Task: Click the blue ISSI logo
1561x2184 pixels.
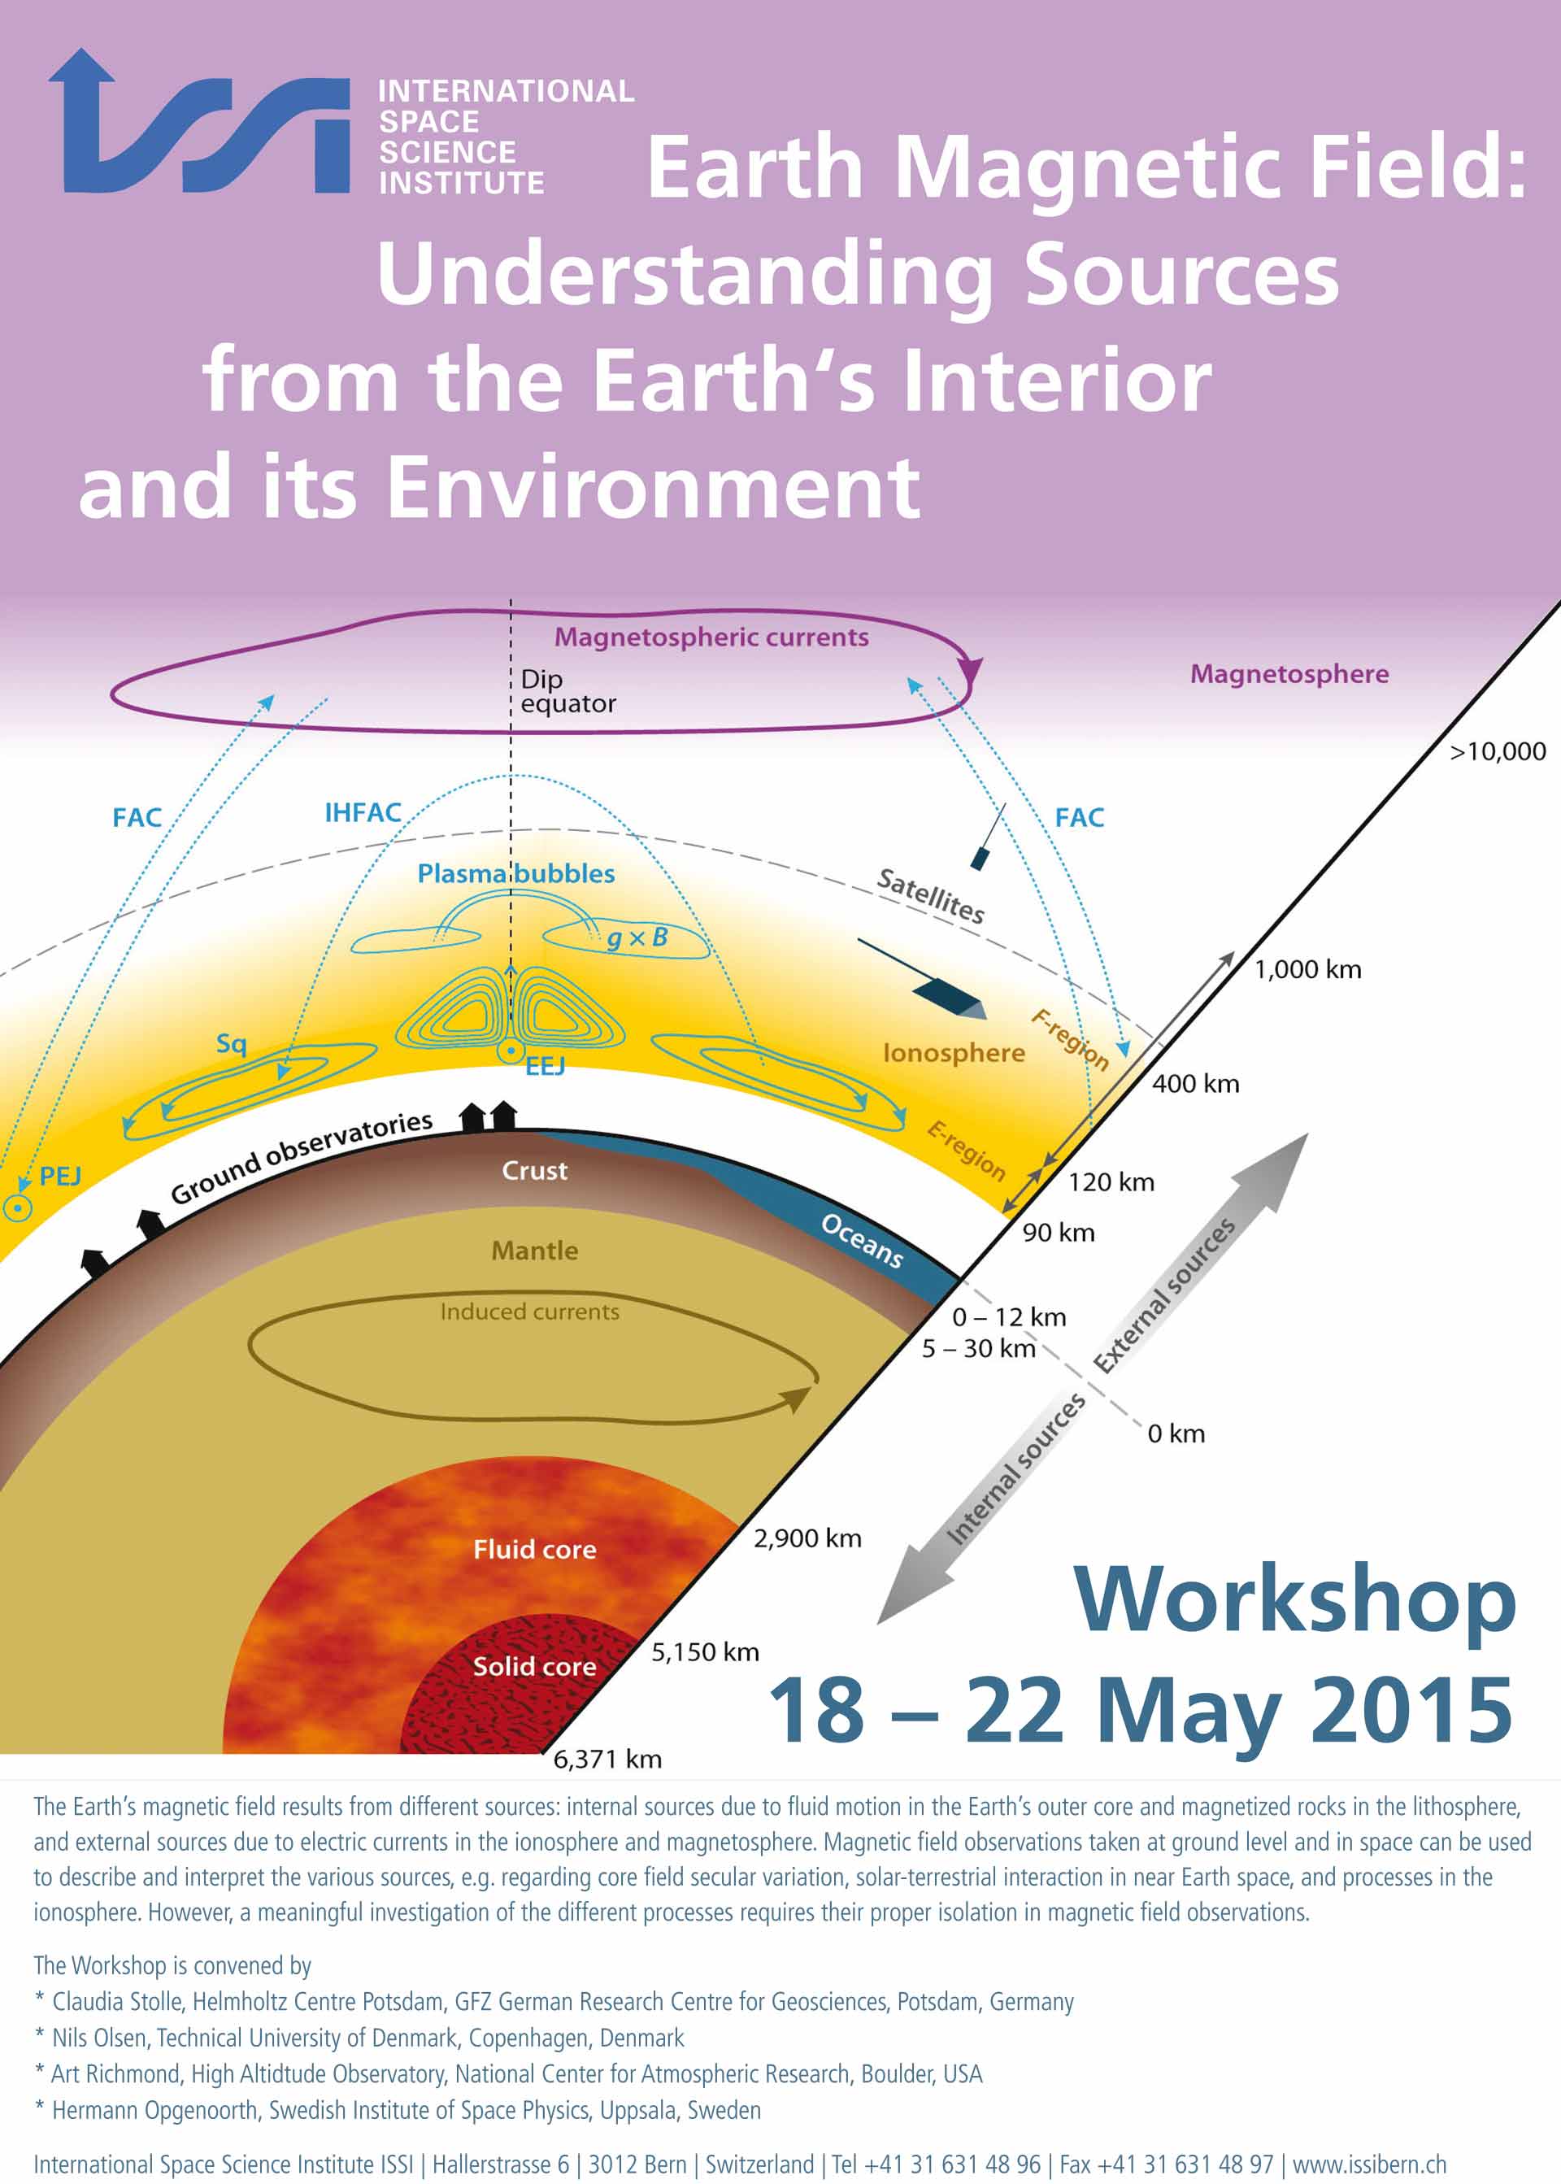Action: [x=199, y=122]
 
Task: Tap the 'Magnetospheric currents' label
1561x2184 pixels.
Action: [x=711, y=637]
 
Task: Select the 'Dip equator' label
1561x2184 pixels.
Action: [x=568, y=691]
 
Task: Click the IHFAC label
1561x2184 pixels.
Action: [x=363, y=813]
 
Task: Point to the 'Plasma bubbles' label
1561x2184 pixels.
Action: [x=516, y=874]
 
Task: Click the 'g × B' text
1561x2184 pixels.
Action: [x=637, y=938]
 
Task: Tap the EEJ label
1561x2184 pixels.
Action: [x=544, y=1066]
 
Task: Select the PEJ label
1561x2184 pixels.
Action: [x=59, y=1177]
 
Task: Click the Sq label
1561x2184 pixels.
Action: [x=232, y=1044]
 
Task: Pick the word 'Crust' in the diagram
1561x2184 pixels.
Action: [x=534, y=1171]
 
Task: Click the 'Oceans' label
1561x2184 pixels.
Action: [x=862, y=1240]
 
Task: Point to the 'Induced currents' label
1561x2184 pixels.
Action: [x=529, y=1312]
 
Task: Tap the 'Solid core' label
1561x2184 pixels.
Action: [x=534, y=1666]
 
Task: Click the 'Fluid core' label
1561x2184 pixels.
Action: [x=534, y=1550]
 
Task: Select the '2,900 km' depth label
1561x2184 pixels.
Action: [x=807, y=1539]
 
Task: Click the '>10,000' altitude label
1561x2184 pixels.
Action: [x=1498, y=751]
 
